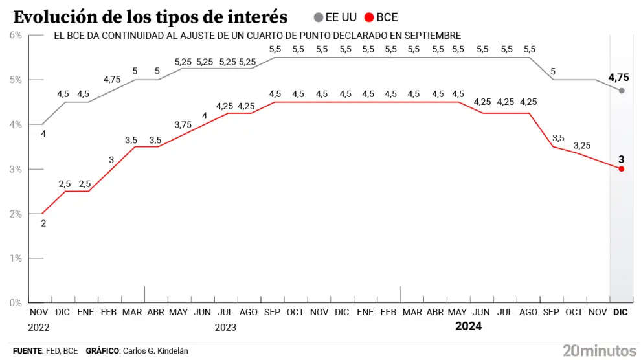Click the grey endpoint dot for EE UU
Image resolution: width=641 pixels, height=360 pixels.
coord(622,91)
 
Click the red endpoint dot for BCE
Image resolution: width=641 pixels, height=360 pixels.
coord(622,169)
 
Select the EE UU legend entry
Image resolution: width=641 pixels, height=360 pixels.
coord(335,17)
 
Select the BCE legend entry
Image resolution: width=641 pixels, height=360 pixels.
coord(381,17)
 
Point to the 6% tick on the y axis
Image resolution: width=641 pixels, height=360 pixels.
coord(16,35)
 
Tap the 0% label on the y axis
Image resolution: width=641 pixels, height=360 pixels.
coord(16,303)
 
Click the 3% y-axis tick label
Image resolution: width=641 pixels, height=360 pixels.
coord(16,169)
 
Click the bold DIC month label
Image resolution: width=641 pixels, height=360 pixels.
coord(620,312)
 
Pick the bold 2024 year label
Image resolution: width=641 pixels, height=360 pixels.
coord(469,326)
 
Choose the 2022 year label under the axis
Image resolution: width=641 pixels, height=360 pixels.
coord(39,328)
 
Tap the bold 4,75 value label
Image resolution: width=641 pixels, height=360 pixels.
coord(618,77)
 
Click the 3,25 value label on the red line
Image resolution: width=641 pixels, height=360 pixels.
coord(581,146)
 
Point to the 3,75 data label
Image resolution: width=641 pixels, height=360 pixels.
coord(183,125)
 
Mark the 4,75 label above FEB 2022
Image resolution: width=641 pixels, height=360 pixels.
coord(112,80)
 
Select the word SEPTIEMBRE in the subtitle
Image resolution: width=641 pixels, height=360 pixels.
coord(432,36)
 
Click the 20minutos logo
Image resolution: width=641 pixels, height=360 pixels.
coord(600,350)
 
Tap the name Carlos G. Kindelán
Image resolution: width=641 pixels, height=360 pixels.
coord(155,350)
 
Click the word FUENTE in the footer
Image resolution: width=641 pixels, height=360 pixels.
coord(27,350)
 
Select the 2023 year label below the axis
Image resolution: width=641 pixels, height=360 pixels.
coord(225,328)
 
